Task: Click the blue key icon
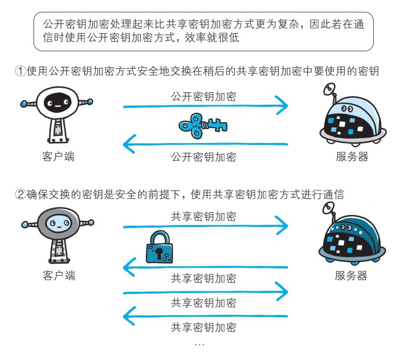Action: [202, 126]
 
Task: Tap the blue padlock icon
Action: [159, 247]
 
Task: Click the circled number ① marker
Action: [21, 71]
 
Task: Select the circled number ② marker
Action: [21, 194]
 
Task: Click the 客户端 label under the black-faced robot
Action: [59, 156]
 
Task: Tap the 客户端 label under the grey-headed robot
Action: [59, 276]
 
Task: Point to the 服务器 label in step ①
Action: [352, 156]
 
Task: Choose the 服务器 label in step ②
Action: [351, 276]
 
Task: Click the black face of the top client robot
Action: [58, 103]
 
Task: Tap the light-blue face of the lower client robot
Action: [59, 223]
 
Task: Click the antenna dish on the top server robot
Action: [329, 89]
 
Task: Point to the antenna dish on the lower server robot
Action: [329, 208]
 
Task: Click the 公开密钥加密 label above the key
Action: [203, 96]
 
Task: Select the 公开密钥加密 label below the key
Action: [203, 157]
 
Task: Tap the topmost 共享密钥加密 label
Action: [203, 216]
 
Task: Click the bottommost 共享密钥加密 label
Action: [203, 327]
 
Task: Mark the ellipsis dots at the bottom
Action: [200, 345]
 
